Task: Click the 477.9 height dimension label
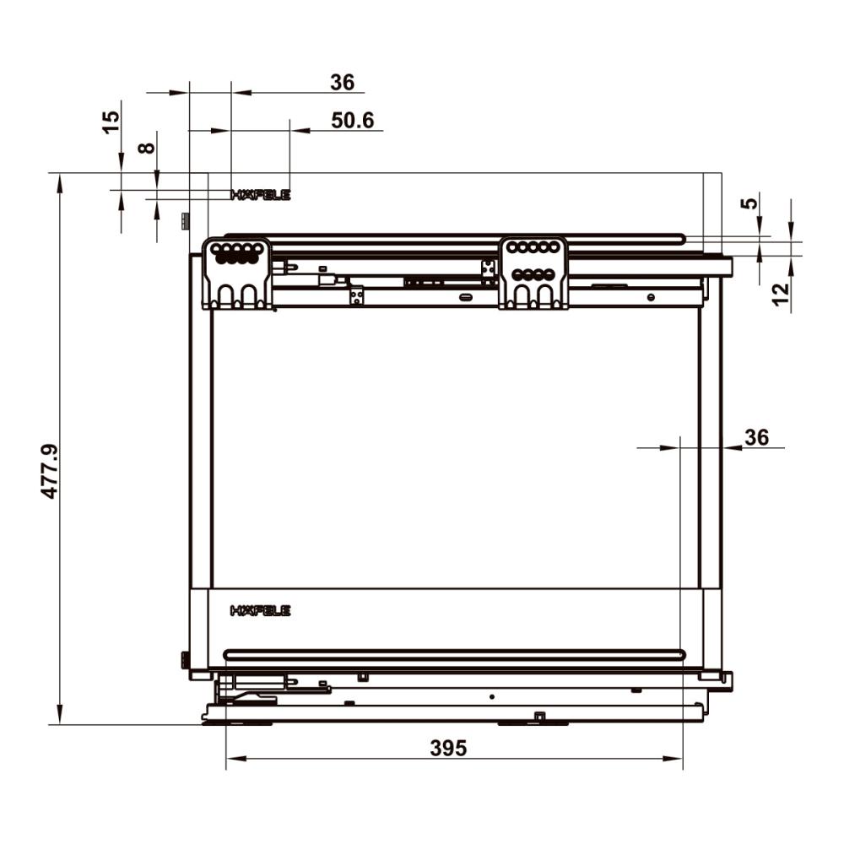pos(51,472)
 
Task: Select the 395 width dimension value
pos(448,748)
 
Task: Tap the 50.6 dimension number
pos(353,121)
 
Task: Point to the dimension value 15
pos(111,122)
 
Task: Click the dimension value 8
pos(146,148)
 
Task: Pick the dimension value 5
pos(749,203)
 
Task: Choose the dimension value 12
pos(781,294)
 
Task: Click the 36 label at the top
pos(343,83)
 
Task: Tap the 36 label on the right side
pos(756,437)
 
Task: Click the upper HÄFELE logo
pos(261,195)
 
